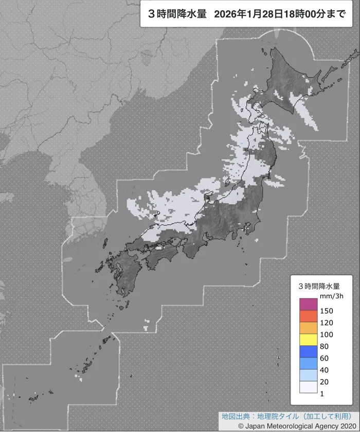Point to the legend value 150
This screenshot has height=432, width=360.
tap(326, 311)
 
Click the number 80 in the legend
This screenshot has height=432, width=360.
tap(324, 346)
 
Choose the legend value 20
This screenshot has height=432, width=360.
tap(324, 382)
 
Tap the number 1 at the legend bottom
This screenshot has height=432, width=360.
tap(322, 393)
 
